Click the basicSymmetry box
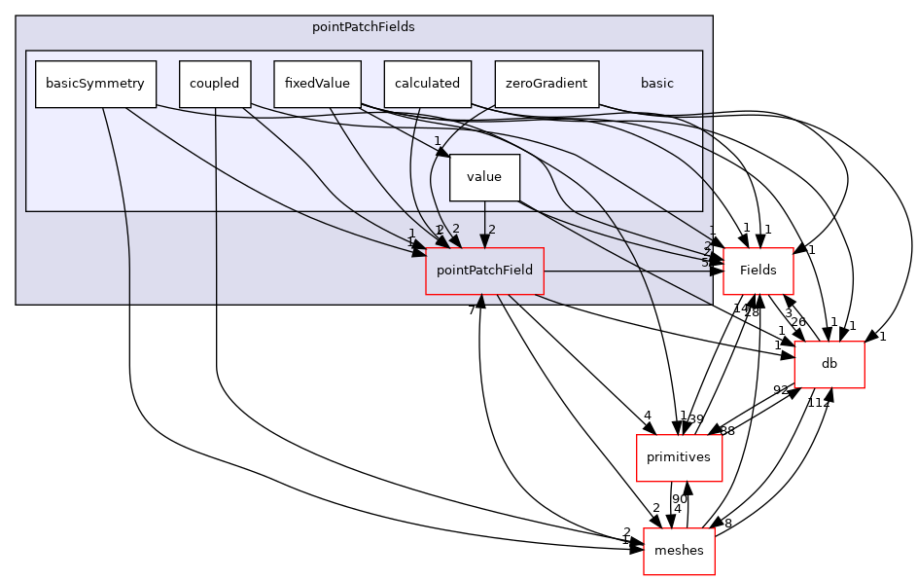pos(95,84)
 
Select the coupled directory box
pos(215,84)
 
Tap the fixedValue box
pos(317,84)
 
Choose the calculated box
pos(427,84)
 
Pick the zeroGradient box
pos(546,84)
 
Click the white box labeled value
pos(484,177)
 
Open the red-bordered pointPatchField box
pos(484,271)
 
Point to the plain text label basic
pos(656,84)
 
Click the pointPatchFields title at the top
pos(363,27)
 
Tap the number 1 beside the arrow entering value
pos(438,141)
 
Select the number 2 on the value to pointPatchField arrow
pos(492,230)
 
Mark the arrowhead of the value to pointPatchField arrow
pos(484,240)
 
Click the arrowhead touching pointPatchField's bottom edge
pos(480,301)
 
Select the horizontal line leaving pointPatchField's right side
pos(632,271)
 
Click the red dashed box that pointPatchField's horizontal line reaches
pos(758,271)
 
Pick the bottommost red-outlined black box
pos(679,552)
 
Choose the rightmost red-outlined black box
pos(829,365)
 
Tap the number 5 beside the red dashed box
pos(705,263)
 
